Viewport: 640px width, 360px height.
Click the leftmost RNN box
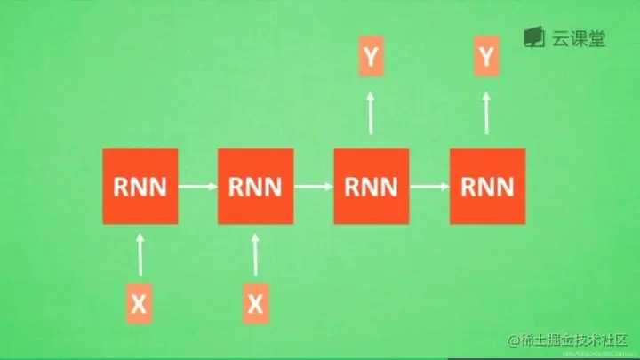140,187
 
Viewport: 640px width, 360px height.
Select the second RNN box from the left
255,187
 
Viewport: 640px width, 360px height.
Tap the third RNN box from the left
371,187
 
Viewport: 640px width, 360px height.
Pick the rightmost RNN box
486,187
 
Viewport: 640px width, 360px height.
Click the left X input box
139,303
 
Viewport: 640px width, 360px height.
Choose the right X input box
255,303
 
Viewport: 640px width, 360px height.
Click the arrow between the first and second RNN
197,187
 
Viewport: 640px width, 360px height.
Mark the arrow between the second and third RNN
313,187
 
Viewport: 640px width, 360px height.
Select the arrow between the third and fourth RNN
428,187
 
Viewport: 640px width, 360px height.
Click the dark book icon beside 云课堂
533,38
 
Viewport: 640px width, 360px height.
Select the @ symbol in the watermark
512,342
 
